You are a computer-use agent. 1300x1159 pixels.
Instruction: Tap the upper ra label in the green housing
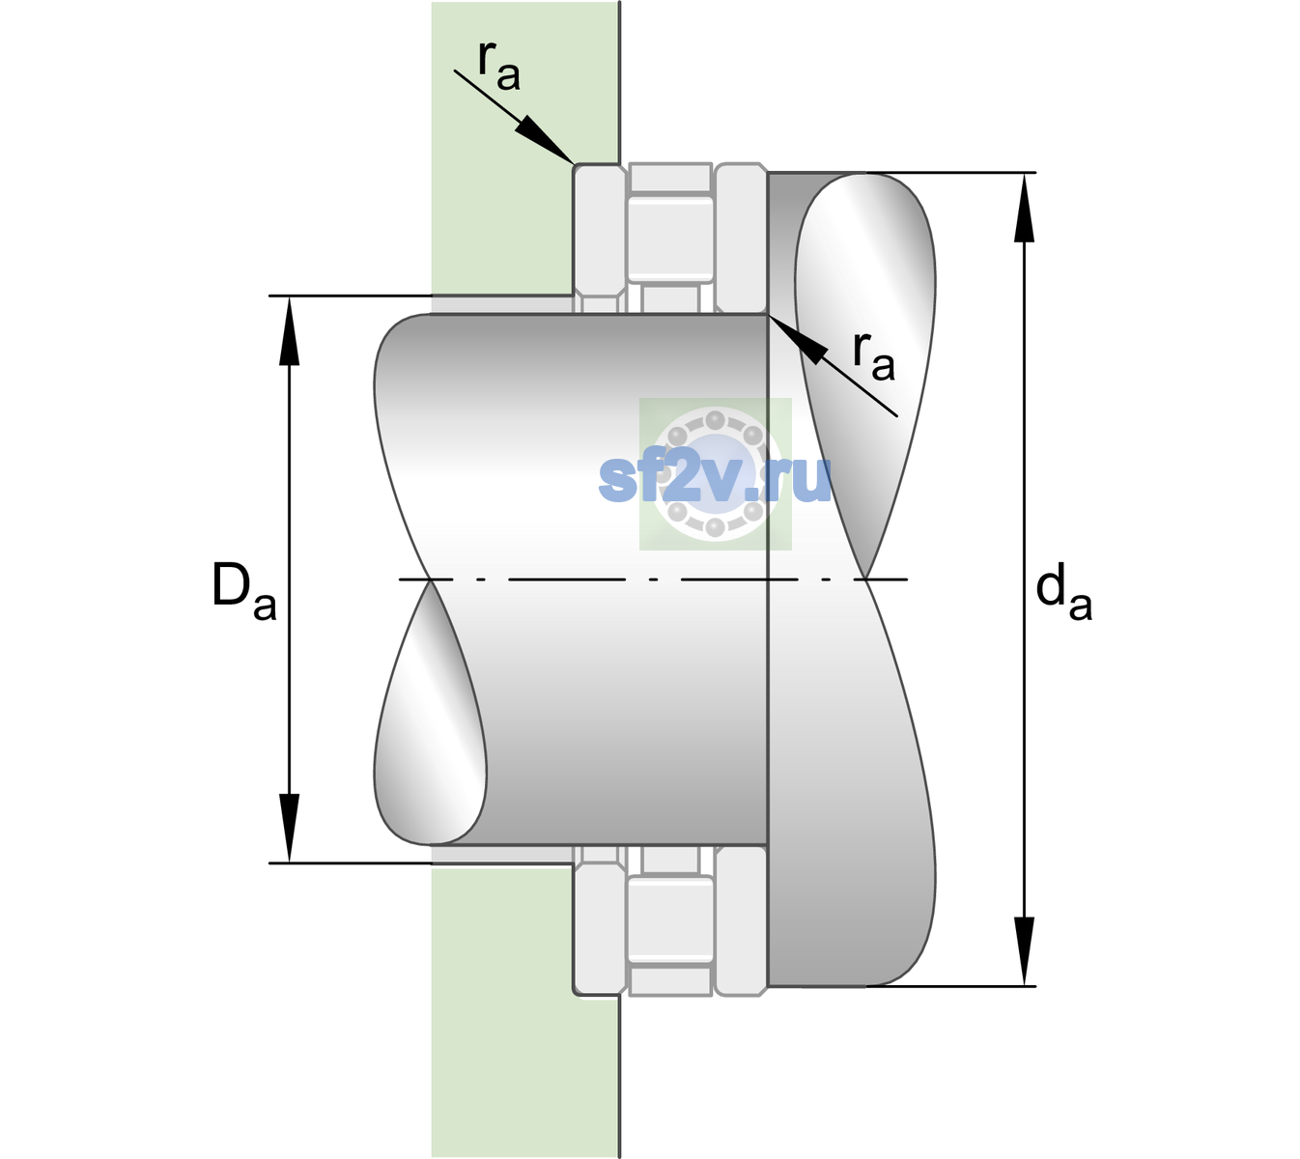point(498,67)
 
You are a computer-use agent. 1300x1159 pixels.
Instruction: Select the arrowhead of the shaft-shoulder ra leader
point(798,340)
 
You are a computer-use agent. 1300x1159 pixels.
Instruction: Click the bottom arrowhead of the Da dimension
point(290,828)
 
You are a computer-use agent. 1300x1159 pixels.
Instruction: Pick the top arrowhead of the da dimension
point(1024,208)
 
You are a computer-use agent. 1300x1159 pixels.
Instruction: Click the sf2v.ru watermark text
point(715,478)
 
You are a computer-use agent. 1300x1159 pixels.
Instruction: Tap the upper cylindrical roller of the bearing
point(670,240)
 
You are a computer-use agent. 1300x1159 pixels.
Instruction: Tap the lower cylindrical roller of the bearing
point(670,919)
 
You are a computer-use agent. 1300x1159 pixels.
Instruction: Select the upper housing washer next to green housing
point(600,239)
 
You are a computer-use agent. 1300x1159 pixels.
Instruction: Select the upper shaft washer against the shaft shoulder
point(741,239)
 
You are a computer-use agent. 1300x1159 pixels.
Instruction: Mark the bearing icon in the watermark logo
point(715,474)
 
